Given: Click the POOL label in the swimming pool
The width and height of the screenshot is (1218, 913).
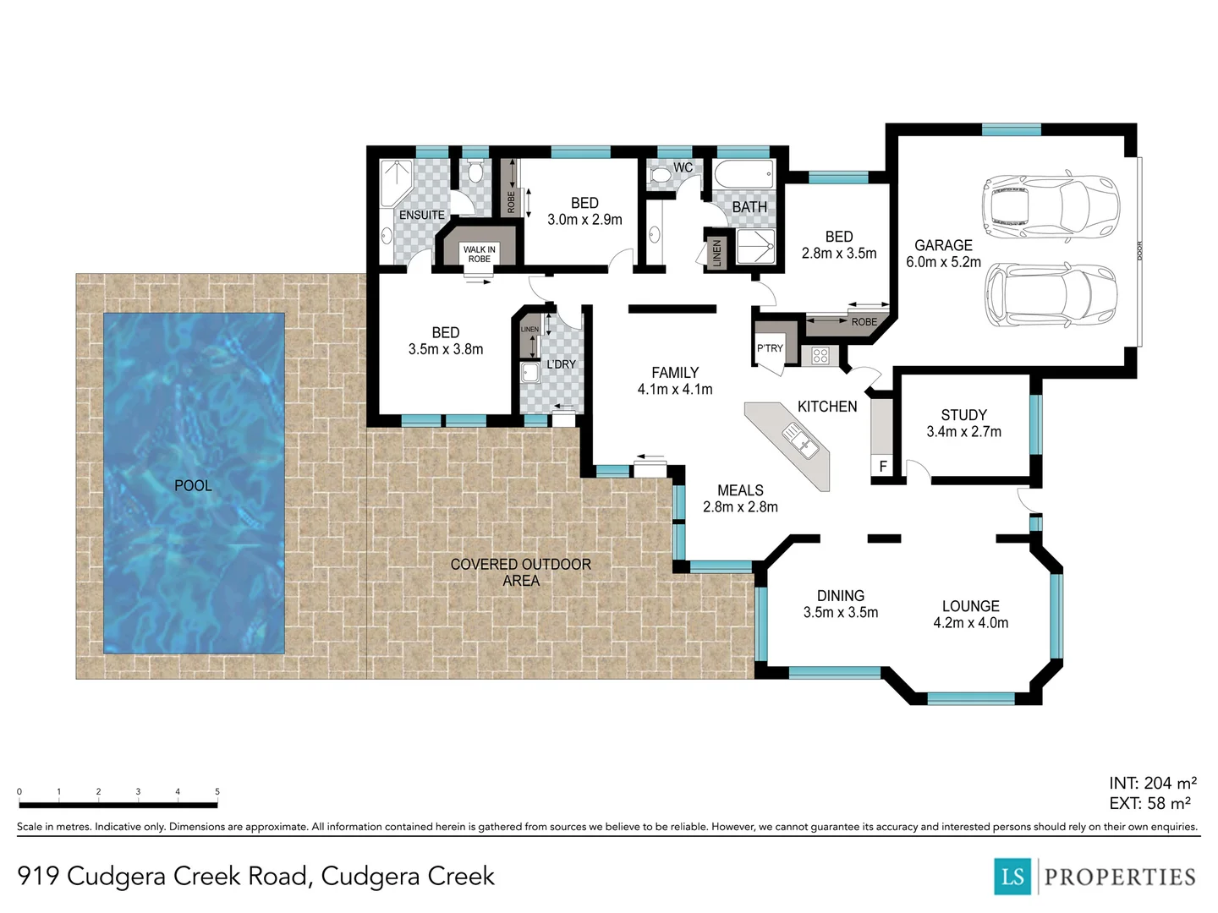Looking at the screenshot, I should tap(193, 485).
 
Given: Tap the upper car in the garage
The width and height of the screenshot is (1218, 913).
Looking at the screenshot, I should tap(1050, 205).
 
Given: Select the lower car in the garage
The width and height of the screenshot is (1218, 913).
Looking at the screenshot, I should tap(1050, 294).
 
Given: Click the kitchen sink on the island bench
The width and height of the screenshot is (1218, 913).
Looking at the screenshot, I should tap(799, 441).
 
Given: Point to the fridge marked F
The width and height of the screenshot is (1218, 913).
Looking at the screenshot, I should tap(883, 466).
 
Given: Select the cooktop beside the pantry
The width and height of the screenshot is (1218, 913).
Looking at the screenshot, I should tap(820, 356).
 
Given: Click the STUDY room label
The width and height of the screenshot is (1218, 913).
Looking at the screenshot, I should tap(963, 415).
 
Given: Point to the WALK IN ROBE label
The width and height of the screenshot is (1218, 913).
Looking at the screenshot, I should tap(480, 254).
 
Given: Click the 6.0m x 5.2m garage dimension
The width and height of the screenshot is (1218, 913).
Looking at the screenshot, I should tap(943, 262).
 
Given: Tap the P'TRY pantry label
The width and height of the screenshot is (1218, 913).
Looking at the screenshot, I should tap(770, 348).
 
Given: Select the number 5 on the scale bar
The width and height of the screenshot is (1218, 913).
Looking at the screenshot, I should tap(217, 792).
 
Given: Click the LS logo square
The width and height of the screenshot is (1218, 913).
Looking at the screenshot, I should tap(1013, 877).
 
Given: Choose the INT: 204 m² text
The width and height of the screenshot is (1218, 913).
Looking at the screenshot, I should tap(1152, 783).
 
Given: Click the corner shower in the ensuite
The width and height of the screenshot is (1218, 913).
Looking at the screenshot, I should tap(395, 182).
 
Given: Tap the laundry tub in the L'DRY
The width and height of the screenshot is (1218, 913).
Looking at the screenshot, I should tap(530, 374).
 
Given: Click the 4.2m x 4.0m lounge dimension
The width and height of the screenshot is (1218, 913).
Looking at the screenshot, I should tap(970, 623).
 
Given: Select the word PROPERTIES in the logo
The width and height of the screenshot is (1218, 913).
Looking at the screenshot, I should tap(1120, 877).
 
